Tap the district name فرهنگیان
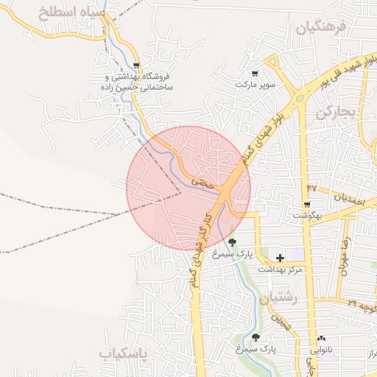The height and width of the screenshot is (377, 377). (320, 29)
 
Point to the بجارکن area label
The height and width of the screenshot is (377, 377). (336, 113)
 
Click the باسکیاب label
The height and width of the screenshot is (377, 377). (124, 354)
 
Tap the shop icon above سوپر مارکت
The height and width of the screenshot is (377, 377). (255, 73)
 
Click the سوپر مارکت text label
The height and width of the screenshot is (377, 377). (255, 85)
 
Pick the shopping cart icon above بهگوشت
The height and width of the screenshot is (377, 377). (307, 204)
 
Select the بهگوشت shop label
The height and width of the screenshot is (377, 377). (307, 216)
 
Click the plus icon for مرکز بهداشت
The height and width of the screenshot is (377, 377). (280, 258)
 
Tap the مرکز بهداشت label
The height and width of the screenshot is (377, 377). (281, 270)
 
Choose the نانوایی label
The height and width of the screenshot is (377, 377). (321, 350)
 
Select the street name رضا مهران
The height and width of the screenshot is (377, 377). (343, 256)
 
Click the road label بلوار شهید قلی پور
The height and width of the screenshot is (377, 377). (347, 74)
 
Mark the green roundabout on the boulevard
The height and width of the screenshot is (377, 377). (299, 98)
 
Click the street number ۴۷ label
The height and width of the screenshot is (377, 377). (311, 189)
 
